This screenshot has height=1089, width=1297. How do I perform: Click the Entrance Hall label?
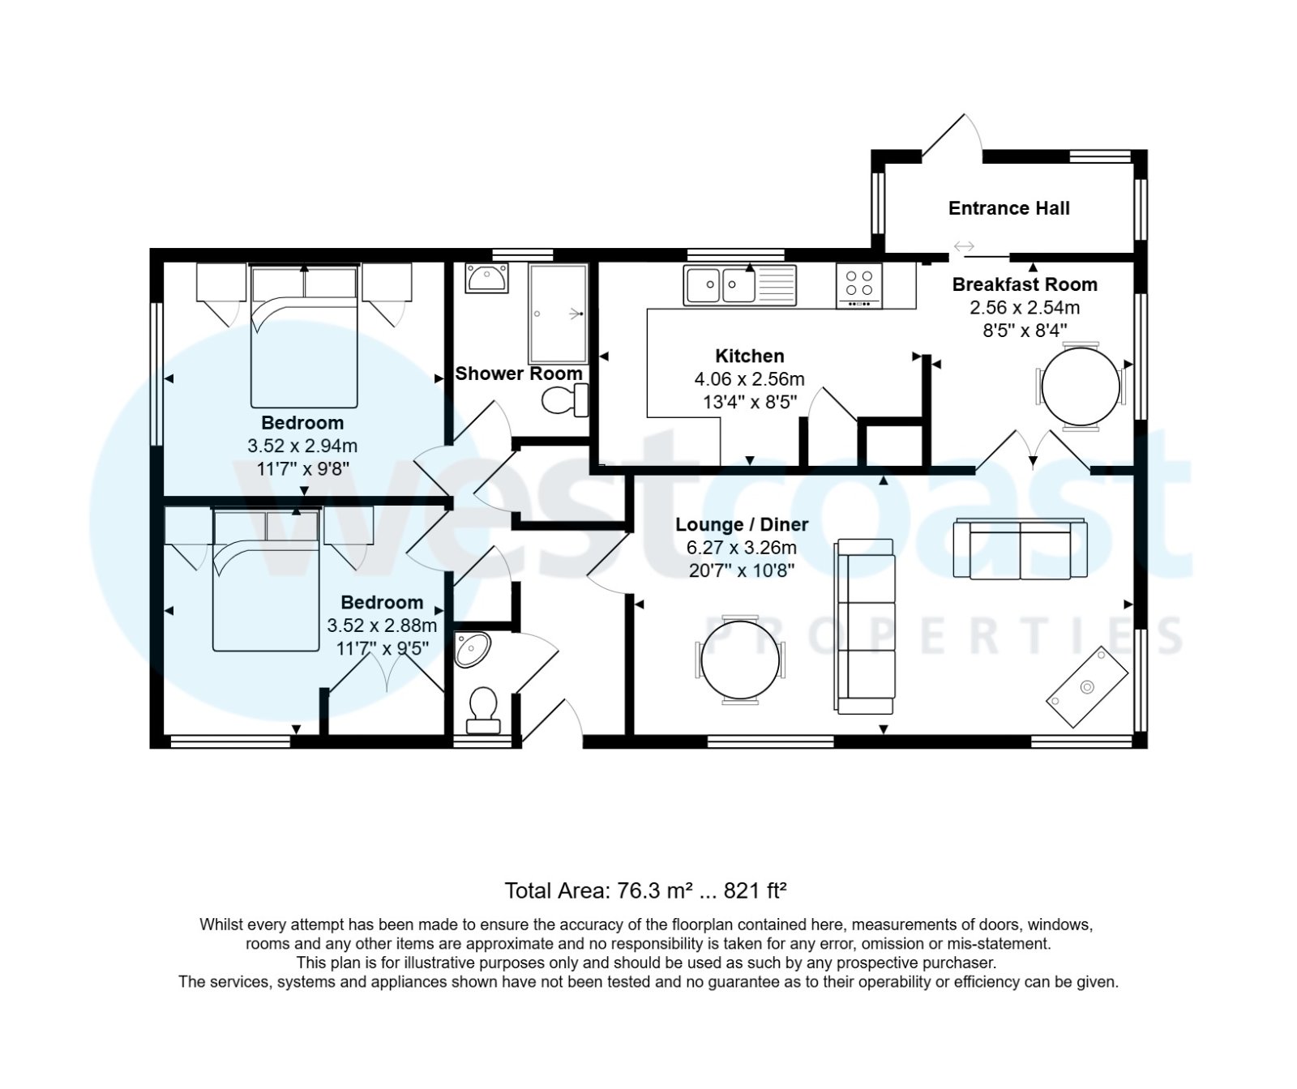point(1008,208)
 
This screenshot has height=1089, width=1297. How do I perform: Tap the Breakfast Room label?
point(1025,284)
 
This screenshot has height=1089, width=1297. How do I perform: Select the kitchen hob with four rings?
point(858,286)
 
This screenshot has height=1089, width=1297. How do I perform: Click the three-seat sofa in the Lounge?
point(866,627)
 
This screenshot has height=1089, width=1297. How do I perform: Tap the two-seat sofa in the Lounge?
point(1020,549)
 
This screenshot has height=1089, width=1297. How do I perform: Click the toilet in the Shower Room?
point(563,399)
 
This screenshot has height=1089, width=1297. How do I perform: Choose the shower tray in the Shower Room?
point(558,313)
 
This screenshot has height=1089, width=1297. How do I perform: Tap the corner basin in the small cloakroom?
point(472,649)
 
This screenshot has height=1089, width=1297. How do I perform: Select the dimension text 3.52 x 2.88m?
point(382,626)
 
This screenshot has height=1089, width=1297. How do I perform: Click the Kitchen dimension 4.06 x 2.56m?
point(749,378)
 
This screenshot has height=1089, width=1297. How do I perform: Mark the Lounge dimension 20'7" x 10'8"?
point(741,570)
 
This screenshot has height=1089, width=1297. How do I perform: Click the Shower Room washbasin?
point(486,279)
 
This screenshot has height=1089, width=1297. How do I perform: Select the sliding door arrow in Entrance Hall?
point(964,246)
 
